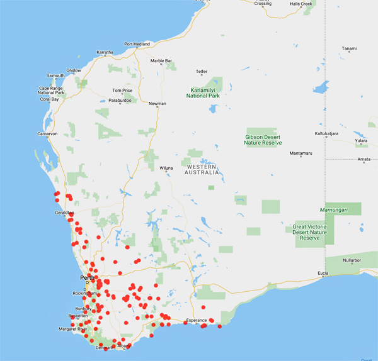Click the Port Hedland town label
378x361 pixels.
pos(137,44)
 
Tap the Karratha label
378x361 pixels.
pos(105,52)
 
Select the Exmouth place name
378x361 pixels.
pos(55,75)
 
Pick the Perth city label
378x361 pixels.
pos(87,277)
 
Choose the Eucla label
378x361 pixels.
pos(323,272)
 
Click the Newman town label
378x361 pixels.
pos(157,104)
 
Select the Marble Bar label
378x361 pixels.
pos(161,61)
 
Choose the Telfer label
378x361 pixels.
pos(202,72)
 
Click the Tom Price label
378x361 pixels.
pos(122,91)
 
